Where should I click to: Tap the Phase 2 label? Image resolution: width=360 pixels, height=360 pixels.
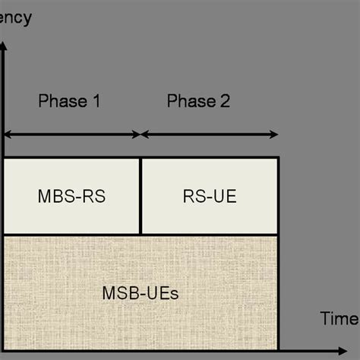pyautogui.click(x=198, y=101)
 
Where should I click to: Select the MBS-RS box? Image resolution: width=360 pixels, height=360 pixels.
pyautogui.click(x=72, y=196)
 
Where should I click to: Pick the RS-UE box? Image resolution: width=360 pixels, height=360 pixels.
pyautogui.click(x=210, y=196)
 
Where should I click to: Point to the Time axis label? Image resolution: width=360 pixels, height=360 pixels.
pyautogui.click(x=338, y=318)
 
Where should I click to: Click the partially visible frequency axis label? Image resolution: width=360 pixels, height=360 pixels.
pyautogui.click(x=15, y=17)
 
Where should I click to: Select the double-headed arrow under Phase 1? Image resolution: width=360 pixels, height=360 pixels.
pyautogui.click(x=72, y=135)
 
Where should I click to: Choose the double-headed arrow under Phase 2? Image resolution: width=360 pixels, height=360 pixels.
pyautogui.click(x=210, y=135)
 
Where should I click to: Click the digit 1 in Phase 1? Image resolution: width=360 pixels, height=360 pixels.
pyautogui.click(x=96, y=101)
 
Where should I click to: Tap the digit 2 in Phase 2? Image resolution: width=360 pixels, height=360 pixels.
pyautogui.click(x=224, y=101)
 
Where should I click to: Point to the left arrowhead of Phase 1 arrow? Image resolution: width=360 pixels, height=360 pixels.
pyautogui.click(x=8, y=135)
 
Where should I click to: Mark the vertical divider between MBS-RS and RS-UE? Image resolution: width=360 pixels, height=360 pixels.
pyautogui.click(x=141, y=196)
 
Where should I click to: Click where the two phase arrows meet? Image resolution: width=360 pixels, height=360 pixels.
pyautogui.click(x=141, y=135)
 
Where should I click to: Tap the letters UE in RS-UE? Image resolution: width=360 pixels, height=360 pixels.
pyautogui.click(x=224, y=197)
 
